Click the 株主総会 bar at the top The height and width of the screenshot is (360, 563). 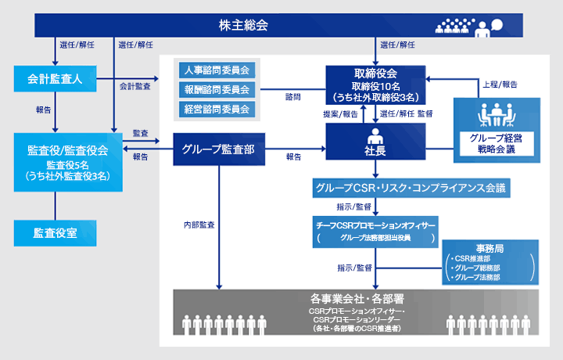coord(243,25)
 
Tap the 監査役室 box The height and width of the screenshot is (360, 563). coord(55,232)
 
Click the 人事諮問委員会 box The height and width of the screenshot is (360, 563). coord(217,70)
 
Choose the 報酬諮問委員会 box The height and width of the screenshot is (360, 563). coord(217,89)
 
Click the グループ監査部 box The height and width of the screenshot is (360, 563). coord(217,148)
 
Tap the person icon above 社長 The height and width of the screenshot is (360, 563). coord(375,133)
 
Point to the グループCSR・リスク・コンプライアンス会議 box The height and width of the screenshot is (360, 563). coord(411,188)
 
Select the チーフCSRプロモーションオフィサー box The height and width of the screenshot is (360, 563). coord(376,231)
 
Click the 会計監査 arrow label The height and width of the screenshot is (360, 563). coord(135,86)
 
